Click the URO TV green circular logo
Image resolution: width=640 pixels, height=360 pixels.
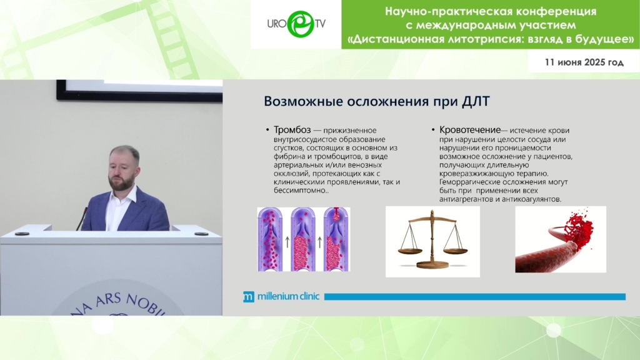coord(301,24)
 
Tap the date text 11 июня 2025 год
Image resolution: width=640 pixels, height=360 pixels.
coord(584,62)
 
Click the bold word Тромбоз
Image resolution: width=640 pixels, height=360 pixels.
coord(292,130)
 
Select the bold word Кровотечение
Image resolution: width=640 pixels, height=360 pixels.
coord(470,130)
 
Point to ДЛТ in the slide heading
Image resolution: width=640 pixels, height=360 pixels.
coord(476,101)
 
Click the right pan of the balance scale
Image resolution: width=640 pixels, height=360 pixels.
coord(456,250)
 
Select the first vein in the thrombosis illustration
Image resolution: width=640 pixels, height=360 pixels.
coord(270,239)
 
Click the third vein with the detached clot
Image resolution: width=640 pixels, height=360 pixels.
coord(336,239)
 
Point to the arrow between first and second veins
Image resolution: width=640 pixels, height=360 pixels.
coord(287,242)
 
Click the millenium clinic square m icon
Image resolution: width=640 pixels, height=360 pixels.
coord(249,297)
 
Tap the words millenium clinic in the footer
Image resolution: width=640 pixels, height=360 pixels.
coord(288,296)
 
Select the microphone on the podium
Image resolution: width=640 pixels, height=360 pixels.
coord(82,219)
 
